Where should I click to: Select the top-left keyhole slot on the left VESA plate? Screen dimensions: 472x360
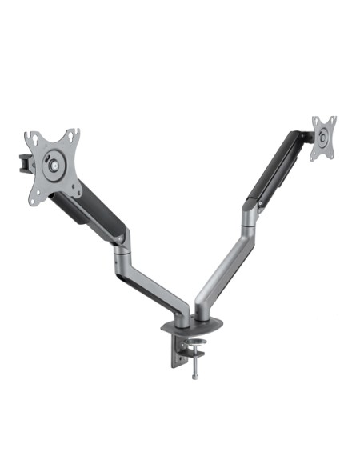click(33, 138)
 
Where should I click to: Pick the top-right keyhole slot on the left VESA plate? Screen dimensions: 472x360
click(73, 134)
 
